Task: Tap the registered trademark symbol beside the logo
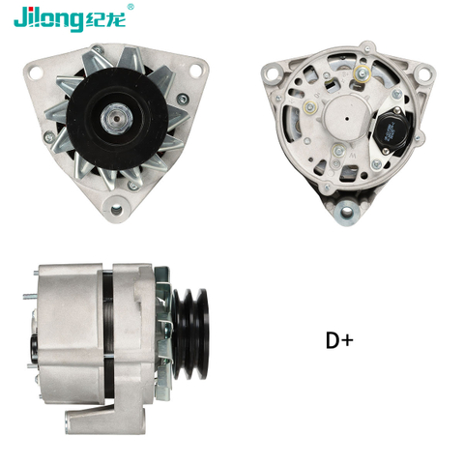131,8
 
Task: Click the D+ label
339,340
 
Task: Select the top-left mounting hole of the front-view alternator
35,70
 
